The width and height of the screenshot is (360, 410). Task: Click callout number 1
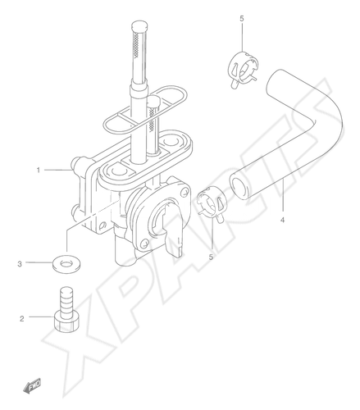point(39,171)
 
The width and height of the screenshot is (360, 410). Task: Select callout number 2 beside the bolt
point(22,318)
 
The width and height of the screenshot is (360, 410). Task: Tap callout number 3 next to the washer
point(20,264)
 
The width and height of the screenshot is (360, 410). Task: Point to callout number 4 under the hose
point(282,220)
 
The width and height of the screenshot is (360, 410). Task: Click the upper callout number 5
point(242,19)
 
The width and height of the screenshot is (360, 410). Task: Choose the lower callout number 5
point(211,257)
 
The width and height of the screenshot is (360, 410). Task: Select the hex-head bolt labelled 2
point(67,310)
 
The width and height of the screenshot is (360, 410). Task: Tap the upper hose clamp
point(243,68)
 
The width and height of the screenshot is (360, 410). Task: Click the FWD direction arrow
point(32,386)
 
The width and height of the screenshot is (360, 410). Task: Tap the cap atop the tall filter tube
point(140,28)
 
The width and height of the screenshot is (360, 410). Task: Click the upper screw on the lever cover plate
point(185,191)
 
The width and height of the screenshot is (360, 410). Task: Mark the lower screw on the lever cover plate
point(145,242)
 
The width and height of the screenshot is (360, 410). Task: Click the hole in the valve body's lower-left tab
point(103,225)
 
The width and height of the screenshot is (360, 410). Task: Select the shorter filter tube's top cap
point(155,101)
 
